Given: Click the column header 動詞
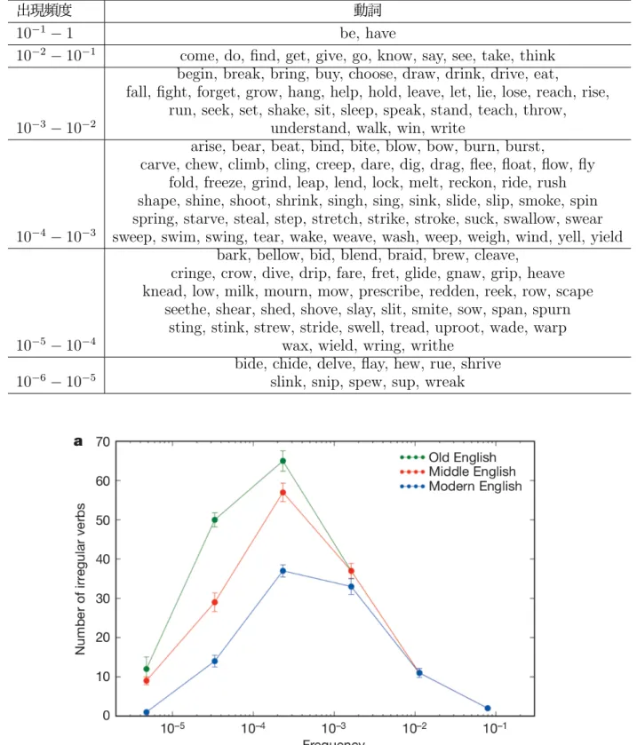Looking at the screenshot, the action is click(x=368, y=10).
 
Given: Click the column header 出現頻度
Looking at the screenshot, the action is click(x=44, y=10).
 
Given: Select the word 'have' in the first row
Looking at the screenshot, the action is click(x=380, y=33).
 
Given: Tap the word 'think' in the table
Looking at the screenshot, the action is click(x=537, y=56).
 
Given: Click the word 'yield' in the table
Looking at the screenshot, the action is click(x=607, y=236).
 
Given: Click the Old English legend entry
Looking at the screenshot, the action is click(x=449, y=457).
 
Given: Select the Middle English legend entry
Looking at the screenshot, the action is click(x=458, y=472).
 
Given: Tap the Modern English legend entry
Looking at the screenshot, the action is click(x=461, y=486).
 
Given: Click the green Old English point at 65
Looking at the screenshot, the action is click(x=283, y=461).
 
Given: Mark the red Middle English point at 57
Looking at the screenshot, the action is click(x=283, y=493).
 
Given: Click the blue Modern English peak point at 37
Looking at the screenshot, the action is click(x=283, y=571).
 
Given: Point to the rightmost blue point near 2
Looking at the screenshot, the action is click(x=487, y=709).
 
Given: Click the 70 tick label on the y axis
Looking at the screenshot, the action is click(x=103, y=442).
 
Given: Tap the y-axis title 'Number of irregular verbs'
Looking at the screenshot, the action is click(x=80, y=579).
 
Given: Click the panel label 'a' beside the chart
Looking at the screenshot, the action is click(x=78, y=442).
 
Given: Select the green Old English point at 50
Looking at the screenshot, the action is click(x=214, y=519).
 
